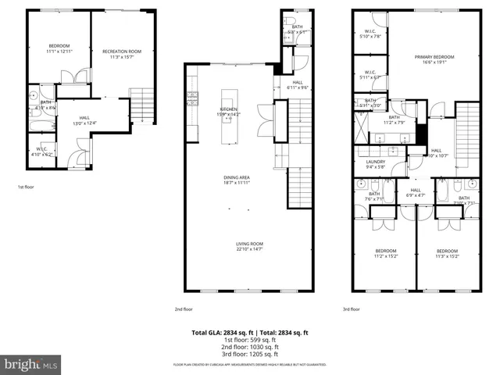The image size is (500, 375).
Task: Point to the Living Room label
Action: pos(250,247)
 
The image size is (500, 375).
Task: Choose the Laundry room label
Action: pos(376,164)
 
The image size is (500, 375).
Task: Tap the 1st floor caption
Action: pos(26,187)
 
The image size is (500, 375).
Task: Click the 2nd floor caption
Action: pos(184,309)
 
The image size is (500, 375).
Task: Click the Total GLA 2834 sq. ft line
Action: pos(249,332)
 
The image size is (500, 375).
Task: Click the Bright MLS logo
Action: pos(31,364)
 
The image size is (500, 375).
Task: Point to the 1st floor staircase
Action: pos(141,105)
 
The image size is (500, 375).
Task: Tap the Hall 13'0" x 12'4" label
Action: pos(84,120)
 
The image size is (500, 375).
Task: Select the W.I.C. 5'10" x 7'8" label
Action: pos(369,34)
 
